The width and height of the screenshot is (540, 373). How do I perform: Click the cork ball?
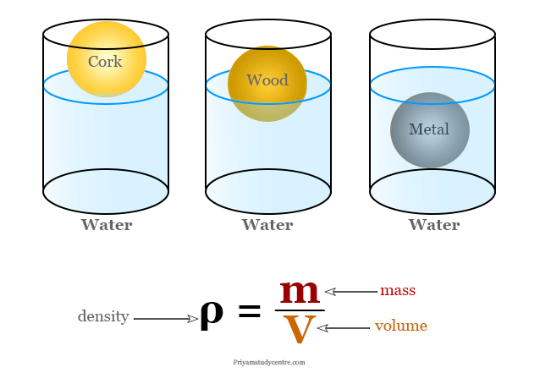pyautogui.click(x=107, y=59)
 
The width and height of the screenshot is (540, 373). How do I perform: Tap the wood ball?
pyautogui.click(x=267, y=84)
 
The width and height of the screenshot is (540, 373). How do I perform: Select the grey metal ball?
pyautogui.click(x=430, y=130)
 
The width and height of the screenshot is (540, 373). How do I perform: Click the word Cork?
pyautogui.click(x=105, y=62)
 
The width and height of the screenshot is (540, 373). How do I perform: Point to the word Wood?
pyautogui.click(x=267, y=80)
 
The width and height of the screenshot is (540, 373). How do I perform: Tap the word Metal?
pyautogui.click(x=429, y=129)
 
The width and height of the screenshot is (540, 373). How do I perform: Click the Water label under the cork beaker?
pyautogui.click(x=107, y=225)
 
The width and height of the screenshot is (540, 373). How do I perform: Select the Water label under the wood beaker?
pyautogui.click(x=267, y=225)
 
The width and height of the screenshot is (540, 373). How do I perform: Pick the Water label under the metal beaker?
pyautogui.click(x=434, y=225)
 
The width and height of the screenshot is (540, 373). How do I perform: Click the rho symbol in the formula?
pyautogui.click(x=212, y=315)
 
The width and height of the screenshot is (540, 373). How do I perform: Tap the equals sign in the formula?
pyautogui.click(x=250, y=312)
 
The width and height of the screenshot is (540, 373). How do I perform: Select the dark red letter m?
pyautogui.click(x=300, y=292)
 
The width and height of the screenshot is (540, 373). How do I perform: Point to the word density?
pyautogui.click(x=103, y=316)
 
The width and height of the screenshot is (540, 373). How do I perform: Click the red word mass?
pyautogui.click(x=398, y=291)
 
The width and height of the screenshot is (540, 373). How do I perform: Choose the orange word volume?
pyautogui.click(x=401, y=326)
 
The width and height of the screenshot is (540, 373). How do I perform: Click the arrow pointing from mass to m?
pyautogui.click(x=351, y=292)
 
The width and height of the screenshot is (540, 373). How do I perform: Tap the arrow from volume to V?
pyautogui.click(x=344, y=328)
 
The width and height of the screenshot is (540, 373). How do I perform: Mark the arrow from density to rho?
pyautogui.click(x=166, y=319)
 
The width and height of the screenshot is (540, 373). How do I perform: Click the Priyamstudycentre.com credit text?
pyautogui.click(x=269, y=362)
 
